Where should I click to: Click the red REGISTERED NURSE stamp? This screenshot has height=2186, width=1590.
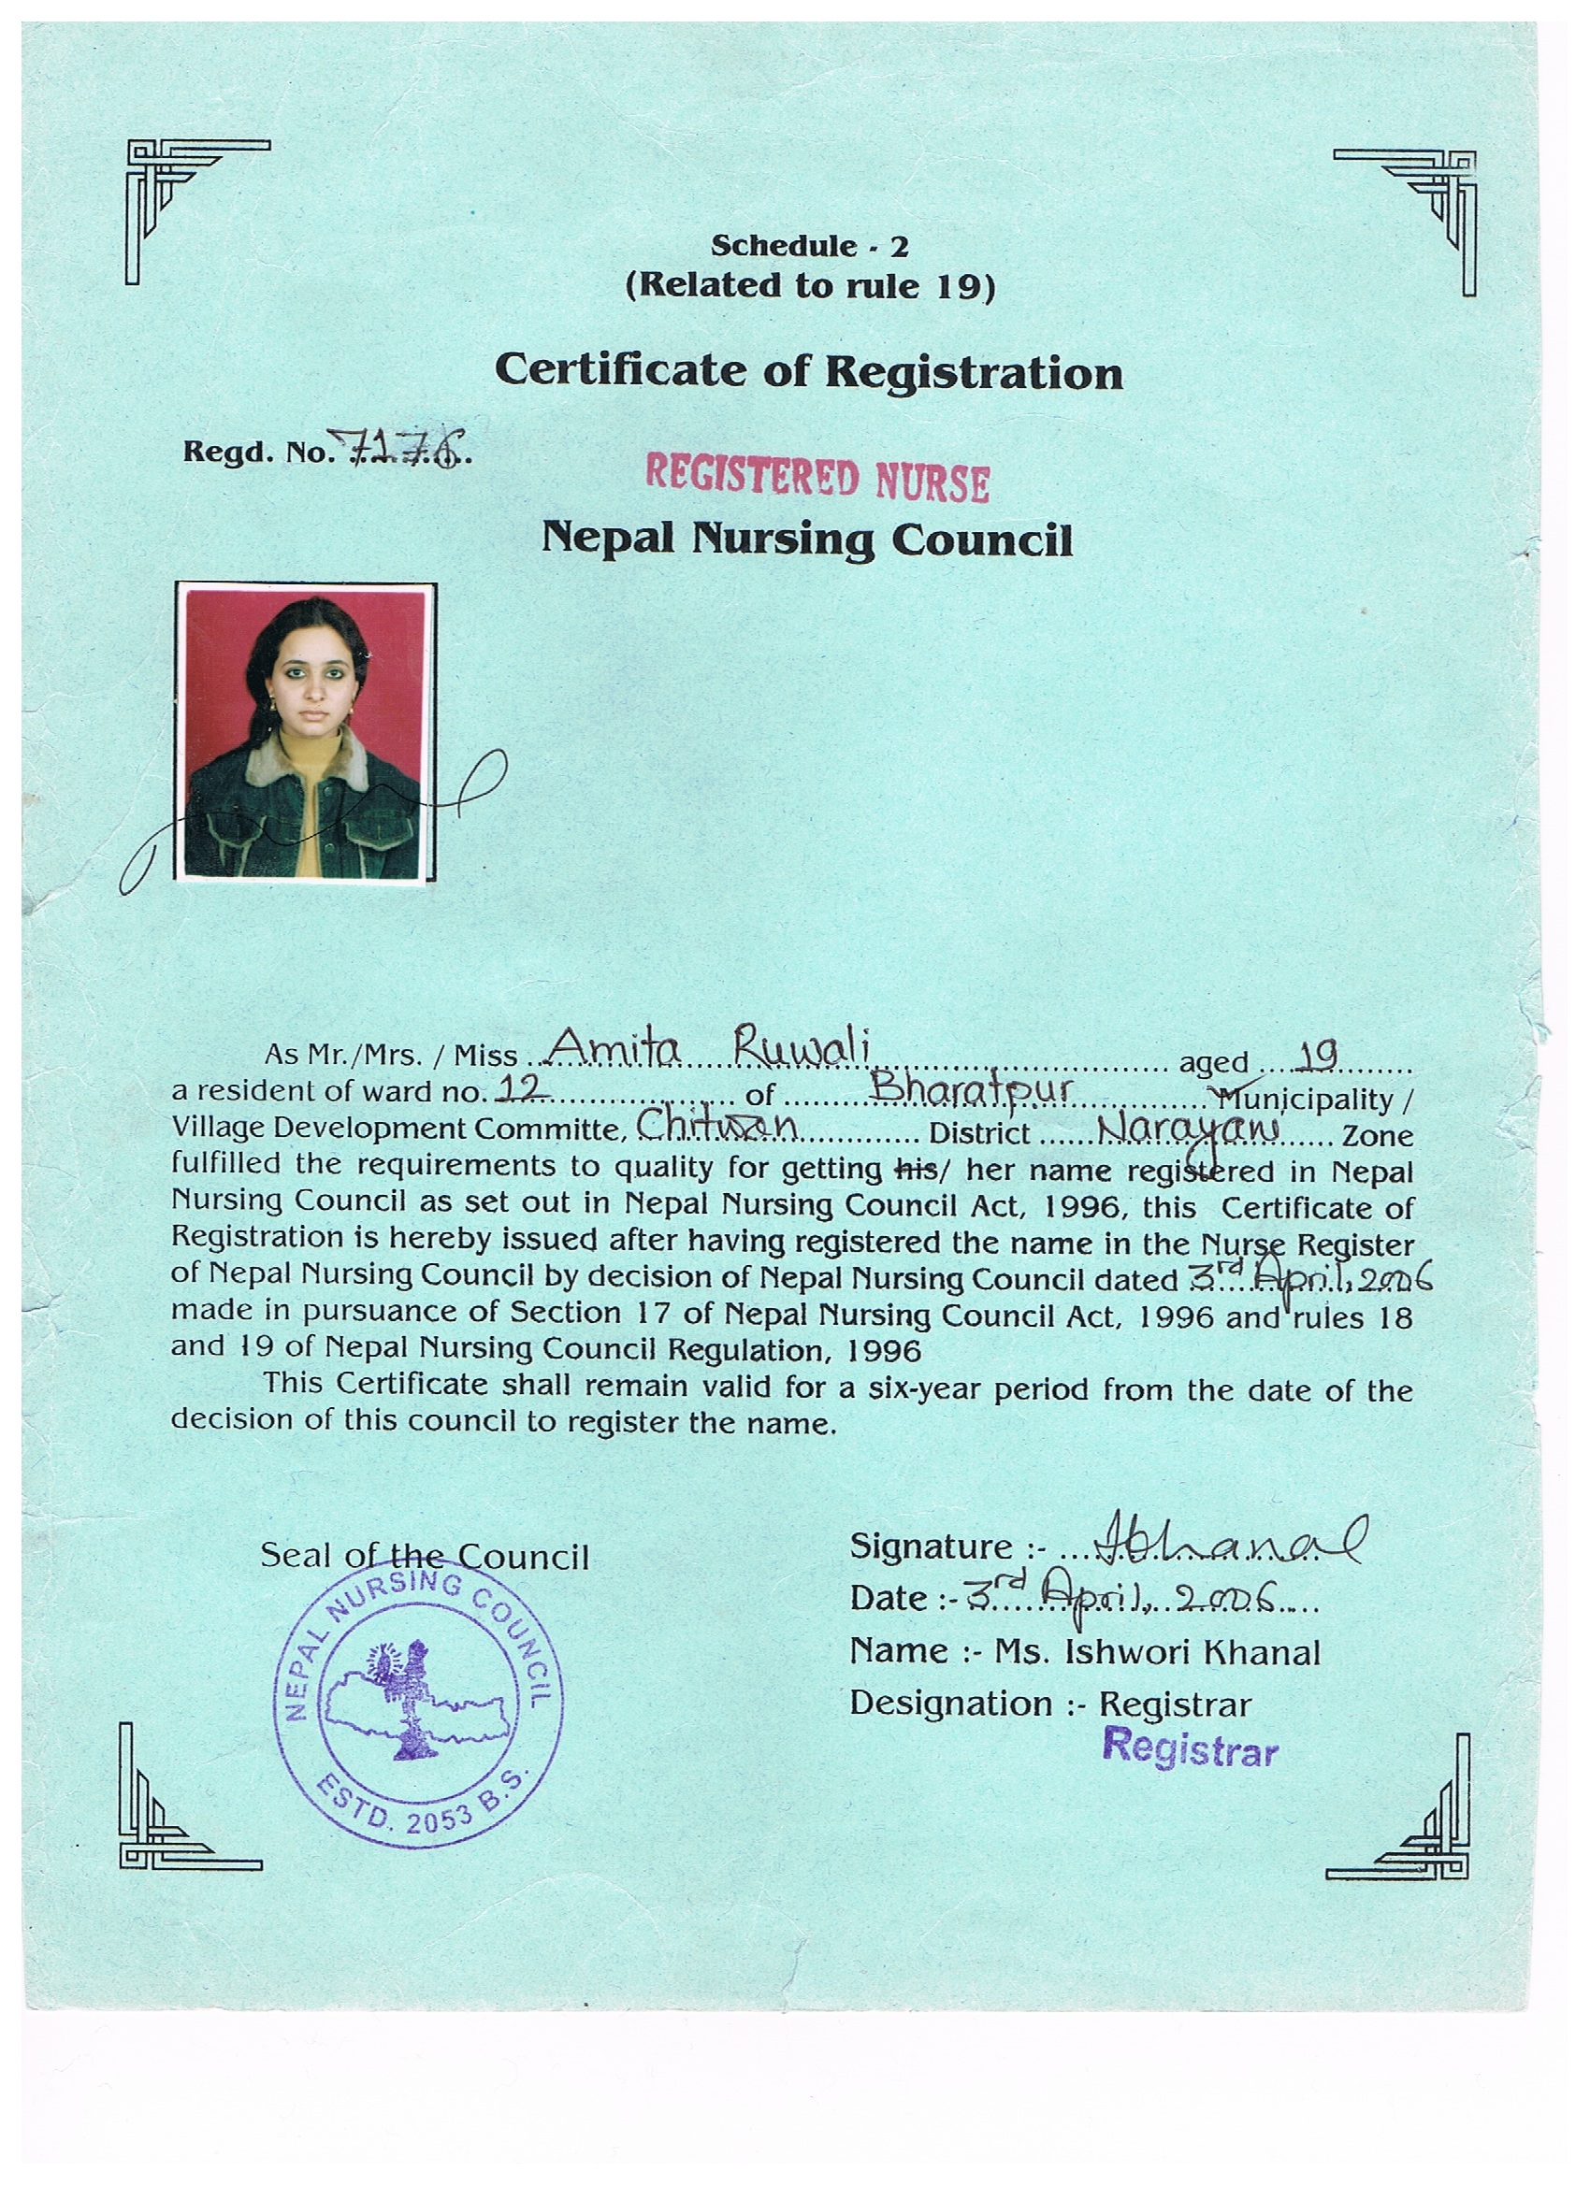817,479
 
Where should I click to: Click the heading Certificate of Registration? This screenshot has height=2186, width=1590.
809,371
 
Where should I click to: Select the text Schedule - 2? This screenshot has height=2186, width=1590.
809,247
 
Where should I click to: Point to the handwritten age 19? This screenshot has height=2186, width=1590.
1316,1057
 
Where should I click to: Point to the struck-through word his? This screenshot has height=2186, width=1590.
916,1170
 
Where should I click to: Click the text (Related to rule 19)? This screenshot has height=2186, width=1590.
809,286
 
